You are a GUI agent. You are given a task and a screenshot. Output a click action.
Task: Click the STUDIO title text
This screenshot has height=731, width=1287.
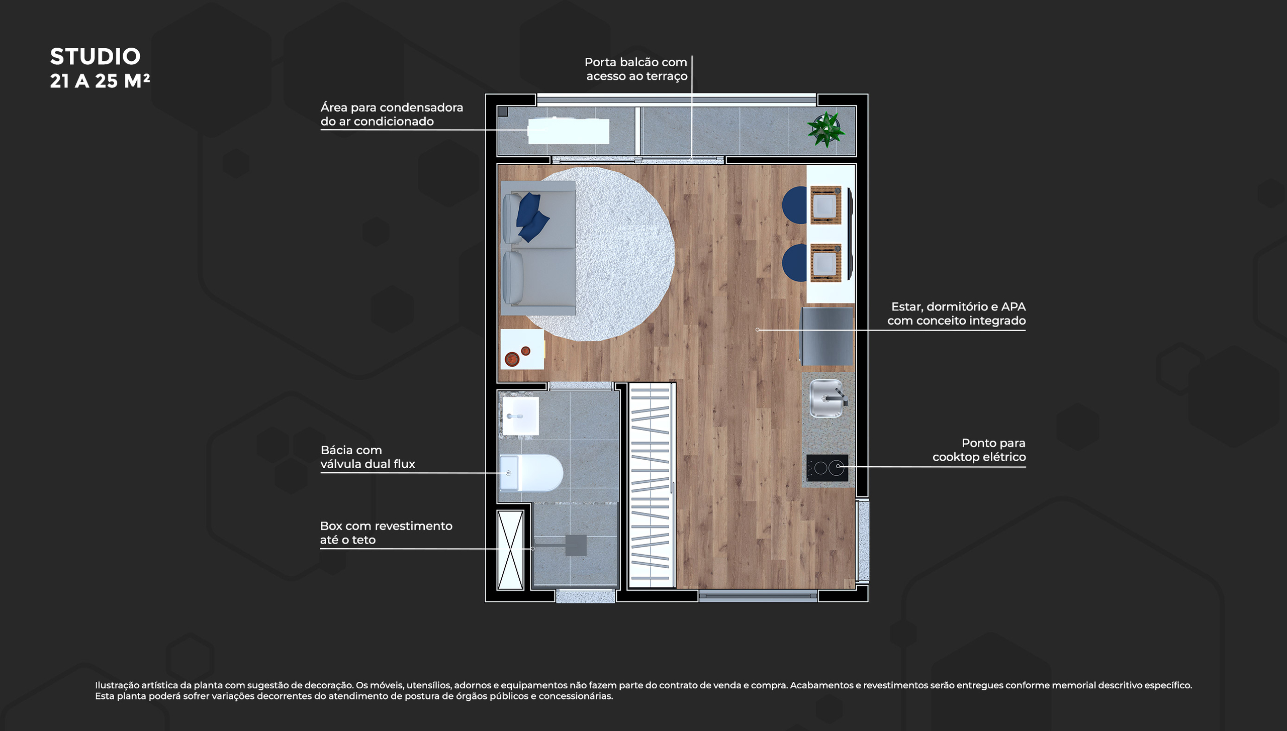[95, 56]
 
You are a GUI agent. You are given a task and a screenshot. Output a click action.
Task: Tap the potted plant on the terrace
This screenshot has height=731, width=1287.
[825, 129]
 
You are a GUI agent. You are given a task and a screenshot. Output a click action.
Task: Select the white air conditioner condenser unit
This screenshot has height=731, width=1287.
[568, 131]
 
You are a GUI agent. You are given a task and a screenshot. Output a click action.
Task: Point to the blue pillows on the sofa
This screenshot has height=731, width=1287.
[532, 217]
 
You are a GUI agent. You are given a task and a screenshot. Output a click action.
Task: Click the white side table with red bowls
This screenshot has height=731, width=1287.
[522, 349]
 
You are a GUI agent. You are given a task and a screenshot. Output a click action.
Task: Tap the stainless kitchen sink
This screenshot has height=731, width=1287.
[827, 398]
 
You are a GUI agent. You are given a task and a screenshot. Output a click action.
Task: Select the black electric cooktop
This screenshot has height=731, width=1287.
[827, 468]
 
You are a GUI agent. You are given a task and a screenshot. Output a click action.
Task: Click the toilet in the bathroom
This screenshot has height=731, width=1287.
[531, 473]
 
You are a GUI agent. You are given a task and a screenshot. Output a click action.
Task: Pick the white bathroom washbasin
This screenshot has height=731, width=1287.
[521, 416]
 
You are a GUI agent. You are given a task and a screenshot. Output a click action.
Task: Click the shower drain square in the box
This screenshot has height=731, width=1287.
[576, 545]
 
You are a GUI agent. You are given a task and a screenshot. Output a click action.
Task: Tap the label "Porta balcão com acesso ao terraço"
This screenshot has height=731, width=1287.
[636, 69]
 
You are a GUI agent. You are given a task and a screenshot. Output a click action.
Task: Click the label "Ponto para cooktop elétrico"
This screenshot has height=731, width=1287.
[979, 450]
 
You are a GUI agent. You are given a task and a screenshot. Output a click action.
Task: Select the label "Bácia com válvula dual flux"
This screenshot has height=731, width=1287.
[367, 457]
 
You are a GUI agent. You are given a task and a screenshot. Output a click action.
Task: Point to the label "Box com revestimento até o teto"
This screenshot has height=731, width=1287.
[386, 533]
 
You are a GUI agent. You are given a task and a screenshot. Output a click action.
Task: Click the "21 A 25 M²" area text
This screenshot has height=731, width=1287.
[100, 81]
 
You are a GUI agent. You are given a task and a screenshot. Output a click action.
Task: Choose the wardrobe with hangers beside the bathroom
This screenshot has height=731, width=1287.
[651, 485]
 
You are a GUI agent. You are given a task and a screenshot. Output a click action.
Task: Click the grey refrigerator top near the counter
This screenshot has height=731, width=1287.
[827, 336]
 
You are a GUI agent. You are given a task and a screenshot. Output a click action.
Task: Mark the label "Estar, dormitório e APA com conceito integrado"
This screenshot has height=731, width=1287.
[956, 314]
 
